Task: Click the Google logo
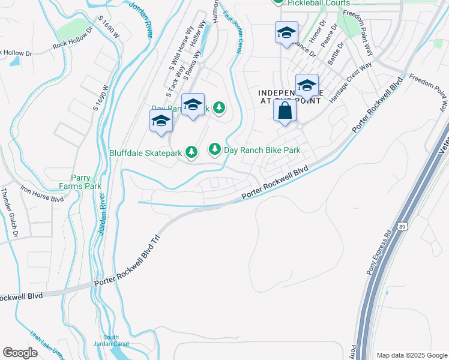pos(20,353)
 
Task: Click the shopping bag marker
pos(285,112)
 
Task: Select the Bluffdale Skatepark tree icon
pos(191,152)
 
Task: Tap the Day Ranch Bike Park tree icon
pos(214,149)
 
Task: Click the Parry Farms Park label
pos(83,182)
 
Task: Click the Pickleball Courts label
pos(318,3)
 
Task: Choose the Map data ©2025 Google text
pos(411,355)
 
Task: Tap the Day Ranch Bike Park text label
pos(262,150)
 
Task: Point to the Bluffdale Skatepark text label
pos(145,153)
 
